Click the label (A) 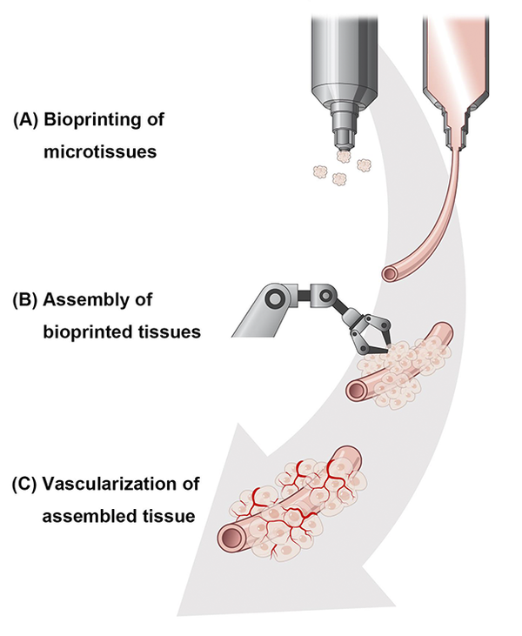click(x=26, y=120)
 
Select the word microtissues click(x=100, y=152)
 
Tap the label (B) click(x=25, y=300)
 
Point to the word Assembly click(x=85, y=301)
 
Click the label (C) click(x=25, y=485)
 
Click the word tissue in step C click(x=167, y=516)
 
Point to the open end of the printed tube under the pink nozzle click(x=391, y=274)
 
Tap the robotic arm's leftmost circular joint click(x=275, y=298)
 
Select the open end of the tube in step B click(x=357, y=390)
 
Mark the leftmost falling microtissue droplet click(x=320, y=172)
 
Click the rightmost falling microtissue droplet click(x=365, y=165)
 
